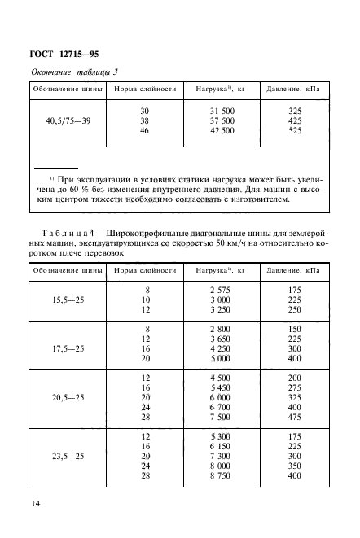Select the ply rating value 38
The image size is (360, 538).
[x=145, y=121]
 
